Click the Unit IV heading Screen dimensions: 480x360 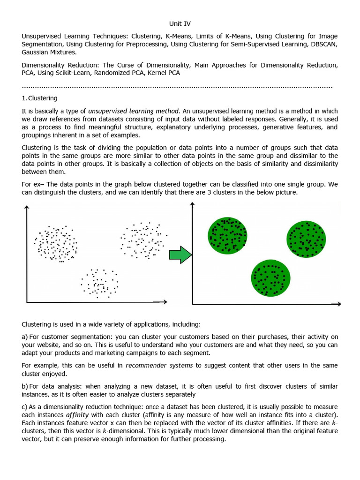(180, 23)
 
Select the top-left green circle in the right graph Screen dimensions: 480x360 (227, 235)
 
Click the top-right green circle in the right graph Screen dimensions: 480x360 (306, 239)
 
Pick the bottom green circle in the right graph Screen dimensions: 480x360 (270, 277)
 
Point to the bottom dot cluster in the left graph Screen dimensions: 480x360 (99, 283)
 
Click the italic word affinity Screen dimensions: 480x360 (77, 415)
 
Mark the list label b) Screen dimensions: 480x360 (25, 386)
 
